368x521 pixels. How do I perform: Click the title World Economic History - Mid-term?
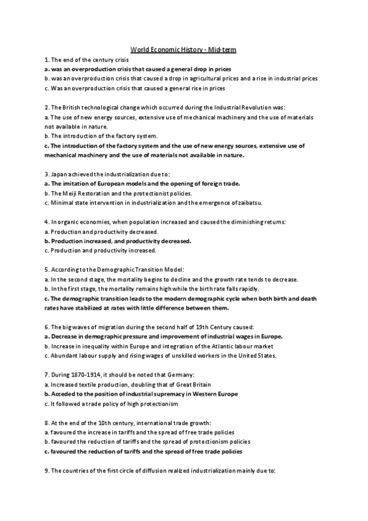[x=185, y=49]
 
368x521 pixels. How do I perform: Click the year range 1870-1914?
[x=88, y=375]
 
